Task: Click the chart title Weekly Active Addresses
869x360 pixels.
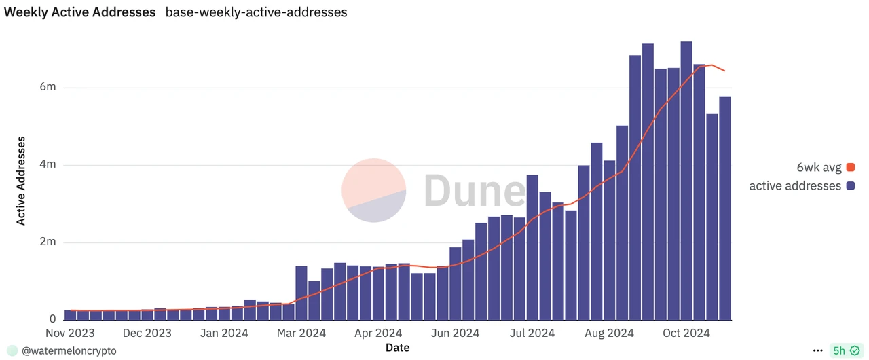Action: click(80, 12)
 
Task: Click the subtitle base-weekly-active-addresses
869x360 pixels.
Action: click(256, 12)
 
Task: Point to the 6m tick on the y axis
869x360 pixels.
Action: click(48, 88)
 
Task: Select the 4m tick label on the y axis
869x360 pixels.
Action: click(48, 165)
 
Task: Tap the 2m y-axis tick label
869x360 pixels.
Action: click(48, 242)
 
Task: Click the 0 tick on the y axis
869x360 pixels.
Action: click(52, 319)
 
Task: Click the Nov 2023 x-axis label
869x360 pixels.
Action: click(70, 333)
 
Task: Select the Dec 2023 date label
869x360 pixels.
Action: click(147, 333)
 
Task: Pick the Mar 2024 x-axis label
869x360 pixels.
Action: click(302, 333)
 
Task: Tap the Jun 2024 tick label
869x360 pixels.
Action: click(456, 333)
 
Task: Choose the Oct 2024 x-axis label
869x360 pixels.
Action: click(686, 333)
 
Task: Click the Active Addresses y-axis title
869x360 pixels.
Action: click(21, 181)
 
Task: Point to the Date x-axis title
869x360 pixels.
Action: click(397, 347)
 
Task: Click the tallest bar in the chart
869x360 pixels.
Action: click(686, 181)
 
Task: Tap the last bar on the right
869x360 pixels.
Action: click(725, 208)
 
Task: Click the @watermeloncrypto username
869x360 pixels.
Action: click(69, 350)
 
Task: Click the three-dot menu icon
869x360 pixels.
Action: click(817, 350)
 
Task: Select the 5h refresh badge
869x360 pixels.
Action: click(845, 350)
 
